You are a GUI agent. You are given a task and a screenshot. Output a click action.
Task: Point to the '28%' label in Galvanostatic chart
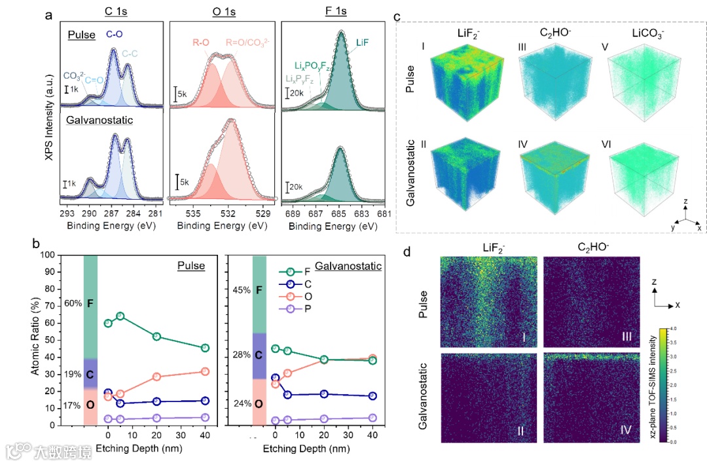(242, 354)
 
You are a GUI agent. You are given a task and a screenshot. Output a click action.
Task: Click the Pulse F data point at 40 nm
(205, 348)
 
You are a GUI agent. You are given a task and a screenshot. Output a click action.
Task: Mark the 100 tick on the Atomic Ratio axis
(50, 255)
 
